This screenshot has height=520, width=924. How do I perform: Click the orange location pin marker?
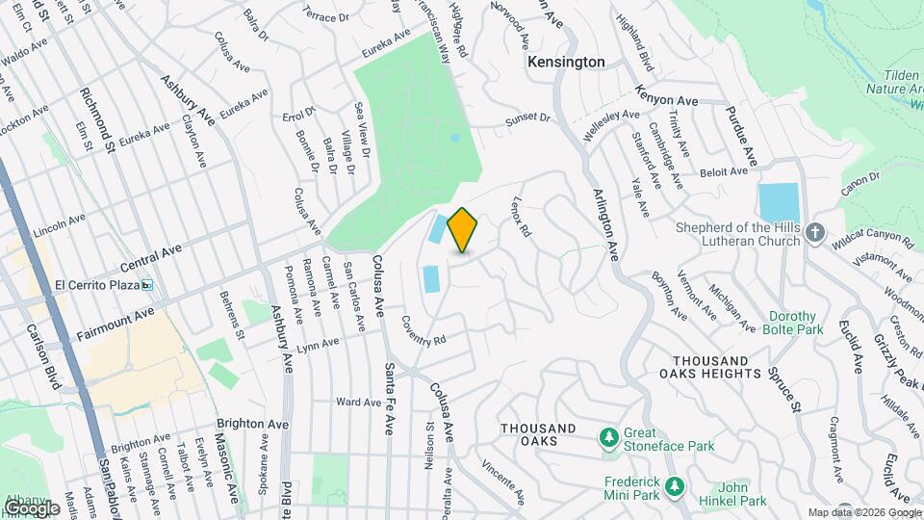point(463,230)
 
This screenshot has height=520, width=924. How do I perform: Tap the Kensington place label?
point(566,62)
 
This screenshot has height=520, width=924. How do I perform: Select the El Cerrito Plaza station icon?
point(147,285)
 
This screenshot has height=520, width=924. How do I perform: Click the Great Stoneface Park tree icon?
point(608,439)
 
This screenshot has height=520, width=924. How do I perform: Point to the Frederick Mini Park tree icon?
point(675,485)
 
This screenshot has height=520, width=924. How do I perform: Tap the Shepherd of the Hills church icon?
point(815,233)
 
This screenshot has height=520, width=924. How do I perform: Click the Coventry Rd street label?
point(424,330)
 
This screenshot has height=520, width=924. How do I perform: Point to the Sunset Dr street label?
point(528,121)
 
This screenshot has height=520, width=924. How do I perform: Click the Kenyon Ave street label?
point(665,96)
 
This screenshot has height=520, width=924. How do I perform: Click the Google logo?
point(32,507)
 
